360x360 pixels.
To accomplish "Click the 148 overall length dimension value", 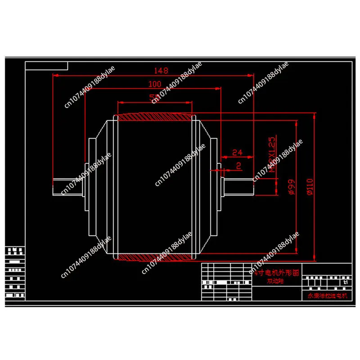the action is tap(161, 71).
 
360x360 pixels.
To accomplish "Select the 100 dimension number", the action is tap(154, 84).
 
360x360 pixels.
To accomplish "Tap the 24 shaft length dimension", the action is tap(237, 153).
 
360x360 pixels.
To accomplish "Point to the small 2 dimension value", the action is tap(238, 166).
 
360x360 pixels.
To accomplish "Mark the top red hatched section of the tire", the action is tap(154, 117).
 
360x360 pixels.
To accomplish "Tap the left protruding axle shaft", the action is tap(67, 187).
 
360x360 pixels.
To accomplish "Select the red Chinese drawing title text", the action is tap(274, 273).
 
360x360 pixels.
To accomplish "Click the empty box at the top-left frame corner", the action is tap(47, 66).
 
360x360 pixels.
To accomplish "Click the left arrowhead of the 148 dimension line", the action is tap(55, 75).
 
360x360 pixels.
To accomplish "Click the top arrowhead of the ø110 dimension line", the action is tap(314, 115).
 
